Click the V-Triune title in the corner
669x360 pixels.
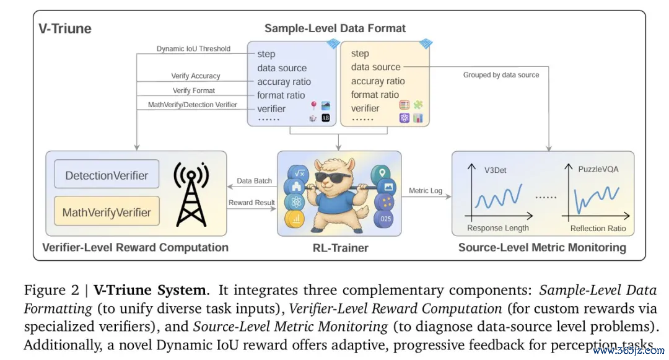[x=65, y=29]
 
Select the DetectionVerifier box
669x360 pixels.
[x=107, y=175]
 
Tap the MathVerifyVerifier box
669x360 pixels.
[x=107, y=213]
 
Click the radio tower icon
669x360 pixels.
[x=191, y=193]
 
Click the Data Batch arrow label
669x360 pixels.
[x=255, y=181]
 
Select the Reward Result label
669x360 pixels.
[x=251, y=203]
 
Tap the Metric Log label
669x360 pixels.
[x=426, y=191]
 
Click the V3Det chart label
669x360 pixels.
[x=496, y=169]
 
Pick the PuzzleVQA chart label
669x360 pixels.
[x=597, y=169]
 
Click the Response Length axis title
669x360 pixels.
[x=498, y=228]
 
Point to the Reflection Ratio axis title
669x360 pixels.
[x=598, y=229]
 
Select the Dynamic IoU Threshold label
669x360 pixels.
[x=193, y=49]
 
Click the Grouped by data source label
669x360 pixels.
[x=501, y=75]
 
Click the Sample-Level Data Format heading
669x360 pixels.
[x=335, y=29]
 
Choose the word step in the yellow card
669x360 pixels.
[x=360, y=53]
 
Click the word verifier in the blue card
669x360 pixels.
[x=271, y=109]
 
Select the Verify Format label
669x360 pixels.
[x=194, y=90]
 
